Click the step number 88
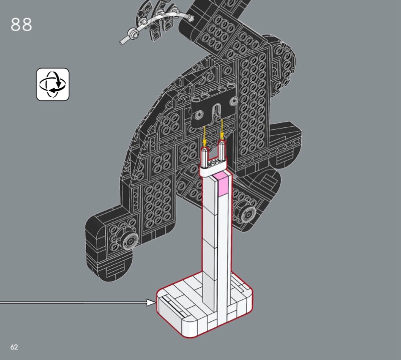(x=22, y=25)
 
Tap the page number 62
(x=14, y=347)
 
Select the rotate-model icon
(x=53, y=84)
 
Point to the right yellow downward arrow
(x=222, y=130)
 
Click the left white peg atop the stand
(x=205, y=157)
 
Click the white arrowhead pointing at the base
(x=151, y=302)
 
